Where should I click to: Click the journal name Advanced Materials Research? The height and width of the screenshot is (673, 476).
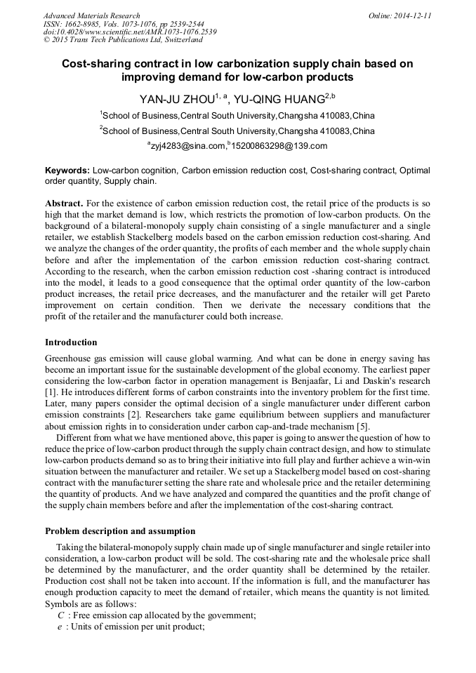click(x=92, y=15)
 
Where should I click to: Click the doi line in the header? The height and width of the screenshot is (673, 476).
click(x=130, y=32)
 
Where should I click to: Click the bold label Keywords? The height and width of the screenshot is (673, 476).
click(x=67, y=171)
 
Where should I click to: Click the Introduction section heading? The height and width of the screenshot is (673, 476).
click(x=71, y=342)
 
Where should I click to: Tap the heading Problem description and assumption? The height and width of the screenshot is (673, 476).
click(x=120, y=531)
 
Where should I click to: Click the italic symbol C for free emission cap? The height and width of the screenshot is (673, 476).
click(x=60, y=615)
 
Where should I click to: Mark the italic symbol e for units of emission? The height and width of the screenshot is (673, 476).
click(x=60, y=627)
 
